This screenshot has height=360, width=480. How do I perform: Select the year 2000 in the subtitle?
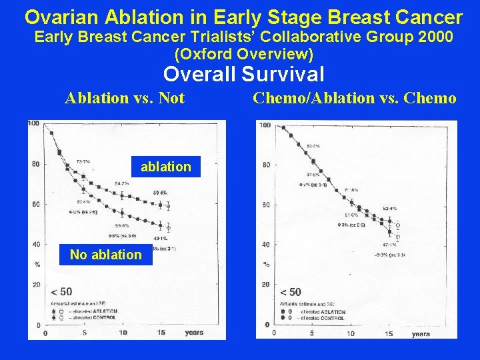pos(434,37)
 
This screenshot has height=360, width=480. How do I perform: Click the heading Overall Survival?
pos(244,74)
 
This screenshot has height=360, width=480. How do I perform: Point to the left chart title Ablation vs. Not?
pos(125,99)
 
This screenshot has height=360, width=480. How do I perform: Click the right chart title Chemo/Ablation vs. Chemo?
pos(354,99)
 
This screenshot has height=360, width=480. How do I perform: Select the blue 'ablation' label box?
pos(165,167)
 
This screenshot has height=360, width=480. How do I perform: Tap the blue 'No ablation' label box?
pos(106,254)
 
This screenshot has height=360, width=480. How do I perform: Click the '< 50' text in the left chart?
pos(61,292)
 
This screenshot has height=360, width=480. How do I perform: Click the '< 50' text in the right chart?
pos(291,292)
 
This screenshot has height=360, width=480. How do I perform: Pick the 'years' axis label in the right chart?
pos(421,334)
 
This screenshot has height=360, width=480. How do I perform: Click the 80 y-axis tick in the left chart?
pos(36,164)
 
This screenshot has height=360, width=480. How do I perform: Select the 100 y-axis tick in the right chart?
pos(264,126)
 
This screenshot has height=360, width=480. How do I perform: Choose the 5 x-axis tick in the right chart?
pos(312,333)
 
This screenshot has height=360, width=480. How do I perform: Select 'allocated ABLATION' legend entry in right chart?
pos(323,312)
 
